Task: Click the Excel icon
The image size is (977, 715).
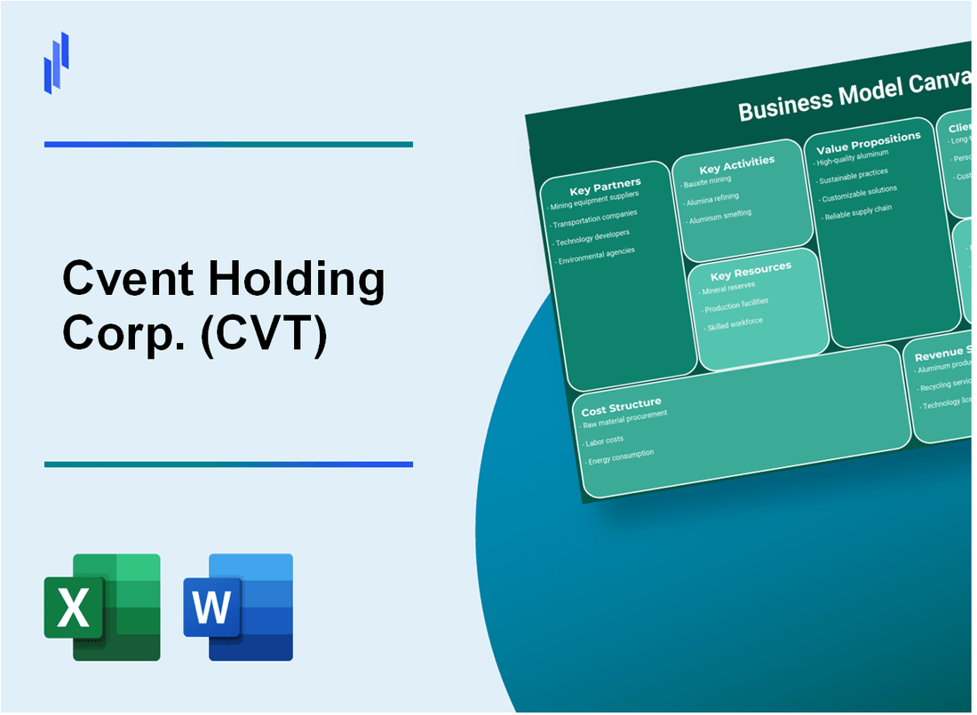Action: pos(102,607)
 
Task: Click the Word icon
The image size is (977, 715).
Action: pos(238,607)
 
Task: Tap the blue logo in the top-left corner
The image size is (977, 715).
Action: pos(56,62)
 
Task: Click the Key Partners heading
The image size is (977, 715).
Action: pos(604,186)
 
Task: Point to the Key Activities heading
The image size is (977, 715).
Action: pos(736,164)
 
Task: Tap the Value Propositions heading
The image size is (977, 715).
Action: pos(868,142)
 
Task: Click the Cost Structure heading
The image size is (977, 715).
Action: pos(621,408)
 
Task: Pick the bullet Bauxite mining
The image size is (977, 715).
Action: pos(708,181)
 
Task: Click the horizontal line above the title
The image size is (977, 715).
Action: pos(228,144)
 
